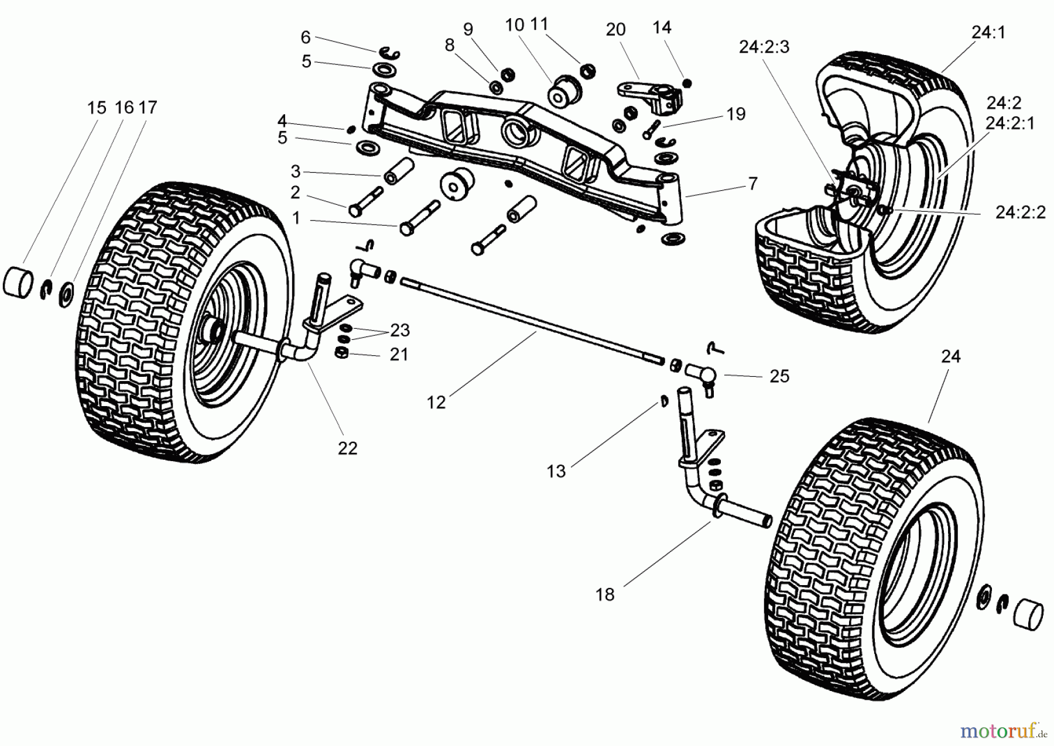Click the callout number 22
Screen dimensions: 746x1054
pos(347,448)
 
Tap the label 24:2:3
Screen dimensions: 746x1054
pos(764,47)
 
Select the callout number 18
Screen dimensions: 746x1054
pos(605,594)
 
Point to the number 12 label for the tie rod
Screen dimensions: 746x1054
pos(436,403)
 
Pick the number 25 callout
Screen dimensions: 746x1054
pos(779,376)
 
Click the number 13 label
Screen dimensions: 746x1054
pos(556,471)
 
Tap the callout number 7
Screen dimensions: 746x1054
pos(752,184)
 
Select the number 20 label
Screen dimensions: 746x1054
pos(615,30)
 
